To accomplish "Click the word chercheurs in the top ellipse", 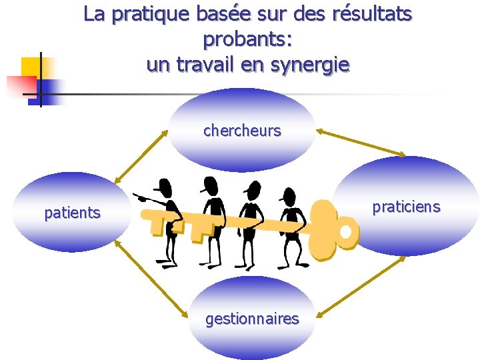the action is (x=242, y=131).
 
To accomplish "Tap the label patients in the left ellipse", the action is (x=72, y=213).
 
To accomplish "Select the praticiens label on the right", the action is (x=406, y=207).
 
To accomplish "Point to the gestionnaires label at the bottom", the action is (x=252, y=319).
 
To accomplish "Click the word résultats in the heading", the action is (x=371, y=13).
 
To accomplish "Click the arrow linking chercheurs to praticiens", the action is (x=360, y=143).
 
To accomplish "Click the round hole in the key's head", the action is (x=345, y=231).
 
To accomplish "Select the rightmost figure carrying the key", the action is (x=290, y=223).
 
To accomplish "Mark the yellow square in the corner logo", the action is (x=31, y=67).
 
